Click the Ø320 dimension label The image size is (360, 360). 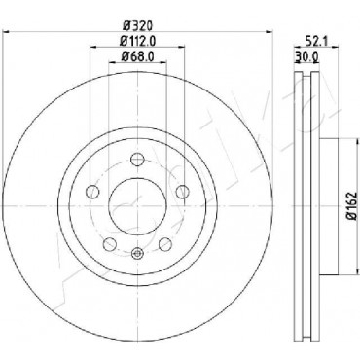tap(137, 25)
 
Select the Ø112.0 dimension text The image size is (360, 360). tap(138, 41)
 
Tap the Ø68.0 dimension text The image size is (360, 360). tap(137, 56)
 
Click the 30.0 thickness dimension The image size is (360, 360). tap(306, 57)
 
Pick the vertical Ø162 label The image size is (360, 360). tap(351, 206)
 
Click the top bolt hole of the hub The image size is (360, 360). tap(137, 160)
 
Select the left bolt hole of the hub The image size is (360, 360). tap(92, 191)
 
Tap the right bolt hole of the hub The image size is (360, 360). tap(182, 191)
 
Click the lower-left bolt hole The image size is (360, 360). tap(110, 244)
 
